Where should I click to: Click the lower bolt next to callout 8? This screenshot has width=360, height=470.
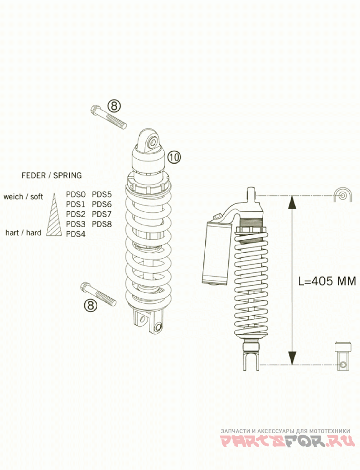point(99,294)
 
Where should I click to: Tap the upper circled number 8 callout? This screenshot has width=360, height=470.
point(114,106)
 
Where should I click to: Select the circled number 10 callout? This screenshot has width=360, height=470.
point(174,157)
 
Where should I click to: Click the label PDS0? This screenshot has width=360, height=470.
point(76,194)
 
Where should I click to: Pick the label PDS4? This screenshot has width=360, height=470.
point(76,234)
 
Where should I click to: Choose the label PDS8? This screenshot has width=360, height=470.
point(102,224)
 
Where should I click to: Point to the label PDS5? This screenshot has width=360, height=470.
point(102,194)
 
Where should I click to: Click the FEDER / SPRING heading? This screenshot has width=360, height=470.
point(52,175)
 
